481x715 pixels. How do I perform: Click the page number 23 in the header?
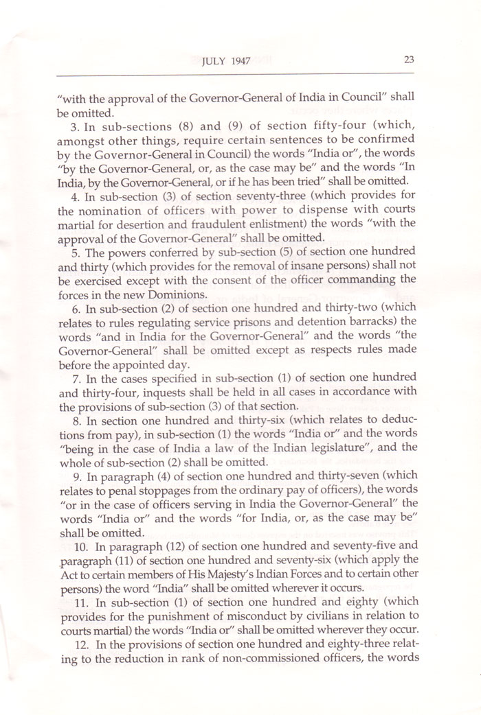(x=407, y=59)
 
